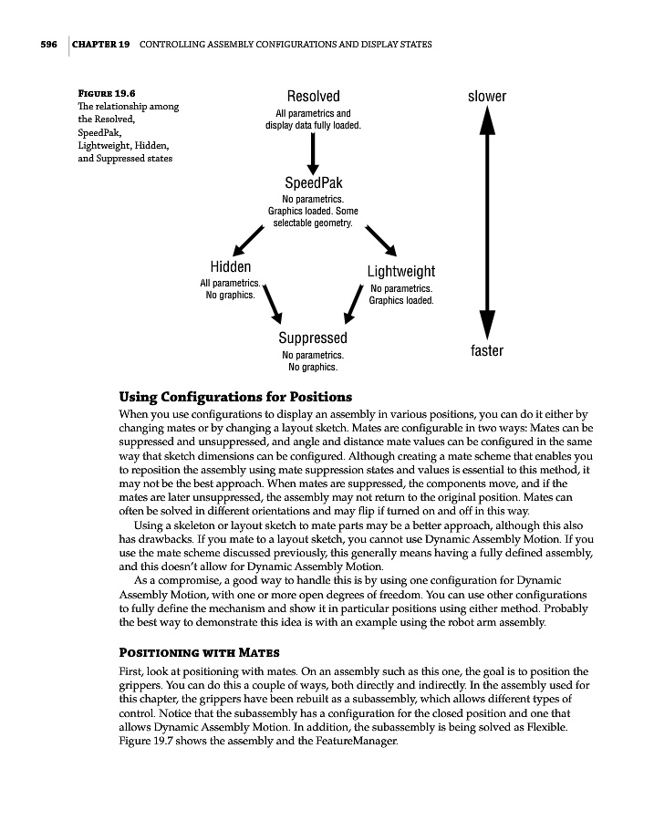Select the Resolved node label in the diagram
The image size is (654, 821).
(x=313, y=96)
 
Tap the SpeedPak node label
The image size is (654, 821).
(x=313, y=182)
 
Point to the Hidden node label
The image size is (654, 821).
(x=231, y=266)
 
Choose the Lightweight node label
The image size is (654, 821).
(x=401, y=271)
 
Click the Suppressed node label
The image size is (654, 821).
(x=313, y=338)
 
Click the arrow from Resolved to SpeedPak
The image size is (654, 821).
(x=313, y=151)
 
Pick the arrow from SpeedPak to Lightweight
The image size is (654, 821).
(x=380, y=239)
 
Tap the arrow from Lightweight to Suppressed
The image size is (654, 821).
(x=354, y=304)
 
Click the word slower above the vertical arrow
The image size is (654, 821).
(x=487, y=96)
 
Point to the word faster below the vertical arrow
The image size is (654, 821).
(x=487, y=351)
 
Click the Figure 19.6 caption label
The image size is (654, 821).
(x=105, y=93)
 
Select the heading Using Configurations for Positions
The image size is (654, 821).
(x=235, y=397)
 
